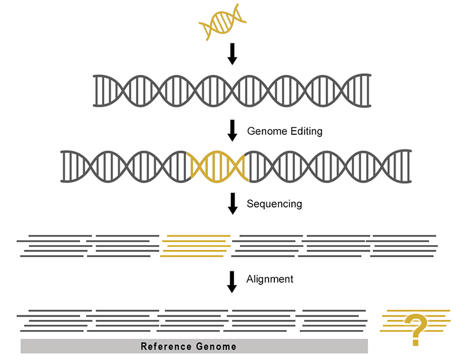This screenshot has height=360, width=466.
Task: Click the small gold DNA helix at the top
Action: [x=222, y=22]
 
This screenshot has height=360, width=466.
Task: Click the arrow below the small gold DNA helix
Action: [x=232, y=54]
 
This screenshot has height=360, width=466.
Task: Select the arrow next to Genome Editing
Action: [x=232, y=131]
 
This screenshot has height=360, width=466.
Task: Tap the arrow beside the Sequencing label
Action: [x=232, y=203]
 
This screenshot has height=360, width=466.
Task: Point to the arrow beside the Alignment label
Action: [x=232, y=282]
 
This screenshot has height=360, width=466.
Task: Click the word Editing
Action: [x=307, y=131]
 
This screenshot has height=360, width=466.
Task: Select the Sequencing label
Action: [x=274, y=204]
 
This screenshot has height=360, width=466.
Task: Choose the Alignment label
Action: [x=270, y=279]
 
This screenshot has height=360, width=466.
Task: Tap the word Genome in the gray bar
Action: [x=216, y=347]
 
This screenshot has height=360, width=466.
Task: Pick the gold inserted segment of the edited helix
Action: [x=217, y=166]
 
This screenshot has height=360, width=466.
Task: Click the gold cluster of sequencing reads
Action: [x=195, y=246]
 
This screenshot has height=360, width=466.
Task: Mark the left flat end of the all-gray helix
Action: [x=95, y=91]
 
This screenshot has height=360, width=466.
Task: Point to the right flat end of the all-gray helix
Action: [x=369, y=91]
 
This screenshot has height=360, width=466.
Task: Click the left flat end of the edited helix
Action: [x=62, y=166]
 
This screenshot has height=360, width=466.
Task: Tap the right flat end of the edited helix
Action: [x=410, y=166]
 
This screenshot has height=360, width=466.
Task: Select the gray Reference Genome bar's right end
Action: [x=368, y=346]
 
